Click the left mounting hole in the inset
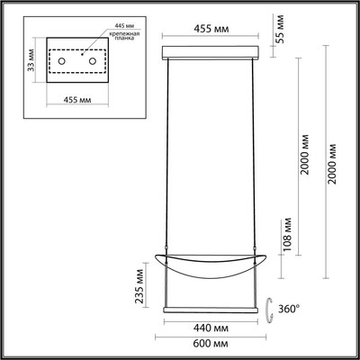click(61, 59)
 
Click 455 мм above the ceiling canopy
click(212, 29)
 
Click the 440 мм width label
click(211, 328)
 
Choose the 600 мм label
click(212, 344)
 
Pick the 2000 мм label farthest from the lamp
click(336, 160)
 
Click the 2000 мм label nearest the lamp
click(306, 160)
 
